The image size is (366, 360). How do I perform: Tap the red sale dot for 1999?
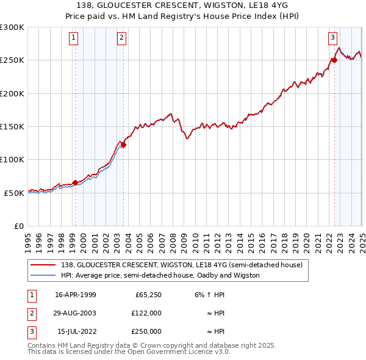(x=75, y=182)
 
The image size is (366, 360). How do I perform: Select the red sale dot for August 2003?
(x=123, y=145)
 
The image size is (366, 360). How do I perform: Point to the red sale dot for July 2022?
(x=334, y=60)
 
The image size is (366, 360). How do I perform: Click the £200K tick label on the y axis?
(x=13, y=93)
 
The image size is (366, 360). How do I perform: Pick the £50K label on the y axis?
(x=15, y=193)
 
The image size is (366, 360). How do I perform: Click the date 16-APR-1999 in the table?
(x=76, y=295)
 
